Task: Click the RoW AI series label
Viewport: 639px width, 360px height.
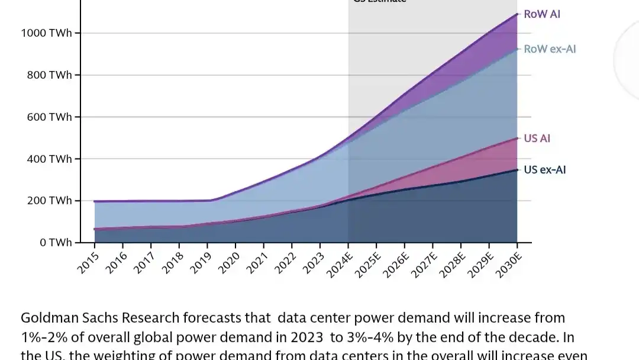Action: (541, 14)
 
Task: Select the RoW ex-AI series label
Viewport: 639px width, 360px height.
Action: (550, 49)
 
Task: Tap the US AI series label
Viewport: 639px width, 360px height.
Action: (537, 139)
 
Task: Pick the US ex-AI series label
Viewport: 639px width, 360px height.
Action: (545, 170)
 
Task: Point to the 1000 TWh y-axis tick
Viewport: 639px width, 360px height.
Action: (46, 33)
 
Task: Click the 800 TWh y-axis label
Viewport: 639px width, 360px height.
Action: (49, 75)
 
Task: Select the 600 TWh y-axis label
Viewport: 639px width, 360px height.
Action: (49, 117)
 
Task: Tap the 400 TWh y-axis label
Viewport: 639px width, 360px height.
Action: (49, 159)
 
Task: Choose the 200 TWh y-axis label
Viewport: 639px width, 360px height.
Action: (49, 201)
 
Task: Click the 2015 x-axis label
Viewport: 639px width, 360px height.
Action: (88, 262)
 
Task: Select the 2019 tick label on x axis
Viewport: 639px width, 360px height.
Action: (201, 262)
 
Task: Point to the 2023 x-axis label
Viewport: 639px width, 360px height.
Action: (313, 262)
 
